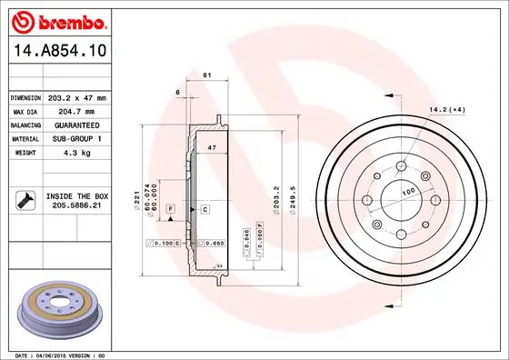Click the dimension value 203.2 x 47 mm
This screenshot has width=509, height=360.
(x=77, y=97)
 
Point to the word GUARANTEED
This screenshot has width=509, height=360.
(x=77, y=125)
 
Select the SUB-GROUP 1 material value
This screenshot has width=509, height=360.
(x=77, y=138)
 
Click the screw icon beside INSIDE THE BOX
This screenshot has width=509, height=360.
(x=25, y=201)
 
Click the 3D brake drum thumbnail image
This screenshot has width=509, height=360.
(x=61, y=309)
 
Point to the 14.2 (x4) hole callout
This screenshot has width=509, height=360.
(x=446, y=110)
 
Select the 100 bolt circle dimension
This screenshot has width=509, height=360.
(x=408, y=193)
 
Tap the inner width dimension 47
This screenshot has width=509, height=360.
(x=211, y=146)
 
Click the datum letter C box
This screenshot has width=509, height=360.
(x=205, y=210)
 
